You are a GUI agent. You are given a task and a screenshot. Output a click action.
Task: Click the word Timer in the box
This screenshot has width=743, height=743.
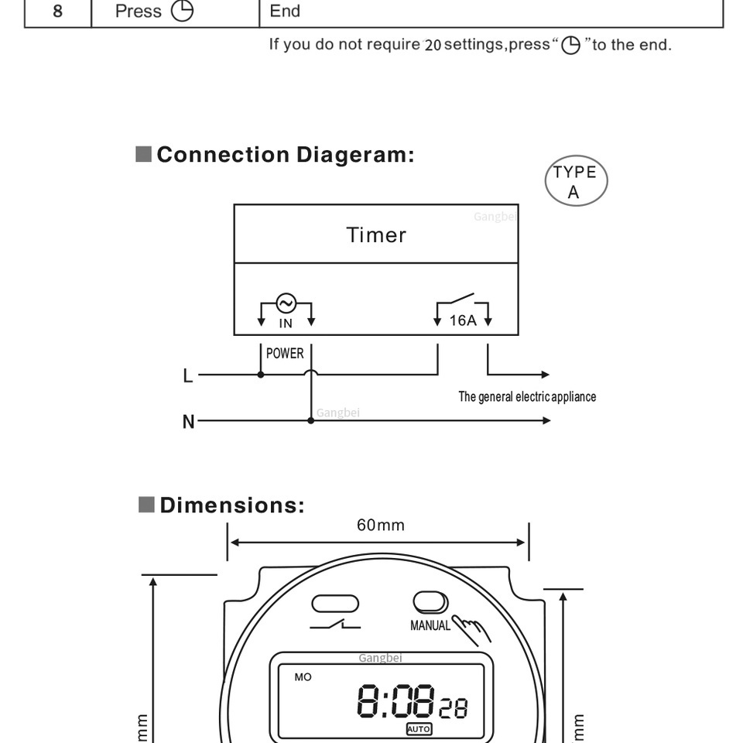[x=376, y=235]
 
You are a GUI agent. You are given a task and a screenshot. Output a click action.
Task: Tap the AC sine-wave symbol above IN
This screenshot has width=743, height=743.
[x=286, y=303]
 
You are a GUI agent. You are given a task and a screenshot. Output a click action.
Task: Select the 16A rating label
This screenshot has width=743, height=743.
[x=463, y=320]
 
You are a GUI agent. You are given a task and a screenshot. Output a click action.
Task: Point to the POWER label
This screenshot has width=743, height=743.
[x=285, y=354]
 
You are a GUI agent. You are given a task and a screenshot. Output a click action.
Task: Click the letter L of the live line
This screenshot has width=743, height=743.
[x=188, y=376]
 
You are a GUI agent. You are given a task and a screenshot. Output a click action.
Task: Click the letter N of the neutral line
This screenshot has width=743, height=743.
[x=189, y=421]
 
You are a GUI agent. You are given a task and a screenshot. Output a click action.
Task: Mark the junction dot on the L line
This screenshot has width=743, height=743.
[x=261, y=375]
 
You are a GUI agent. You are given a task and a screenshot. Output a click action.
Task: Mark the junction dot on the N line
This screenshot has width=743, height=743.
[x=311, y=420]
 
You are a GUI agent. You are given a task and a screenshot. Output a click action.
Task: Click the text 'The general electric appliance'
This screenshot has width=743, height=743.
[x=527, y=396]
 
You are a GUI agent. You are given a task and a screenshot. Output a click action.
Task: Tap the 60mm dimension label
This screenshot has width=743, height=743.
[x=381, y=525]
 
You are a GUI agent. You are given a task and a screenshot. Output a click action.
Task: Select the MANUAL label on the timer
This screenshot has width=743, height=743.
[x=430, y=625]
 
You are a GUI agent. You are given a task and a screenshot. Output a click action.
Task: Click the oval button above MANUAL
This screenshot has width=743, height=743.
[x=430, y=602]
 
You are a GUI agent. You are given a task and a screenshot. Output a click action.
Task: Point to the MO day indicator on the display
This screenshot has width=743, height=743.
[x=303, y=677]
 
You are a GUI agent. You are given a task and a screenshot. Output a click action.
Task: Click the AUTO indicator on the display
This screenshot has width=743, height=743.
[x=419, y=729]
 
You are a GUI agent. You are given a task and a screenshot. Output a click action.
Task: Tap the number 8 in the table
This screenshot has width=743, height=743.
[x=57, y=12]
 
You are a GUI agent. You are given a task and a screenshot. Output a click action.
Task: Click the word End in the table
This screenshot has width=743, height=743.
[x=285, y=11]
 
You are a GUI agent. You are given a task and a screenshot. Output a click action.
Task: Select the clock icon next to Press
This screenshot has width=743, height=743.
[x=182, y=11]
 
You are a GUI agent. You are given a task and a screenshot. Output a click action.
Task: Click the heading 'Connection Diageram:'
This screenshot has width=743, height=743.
[x=286, y=155]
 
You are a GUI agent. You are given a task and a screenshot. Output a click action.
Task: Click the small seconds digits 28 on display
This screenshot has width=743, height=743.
[x=453, y=708]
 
